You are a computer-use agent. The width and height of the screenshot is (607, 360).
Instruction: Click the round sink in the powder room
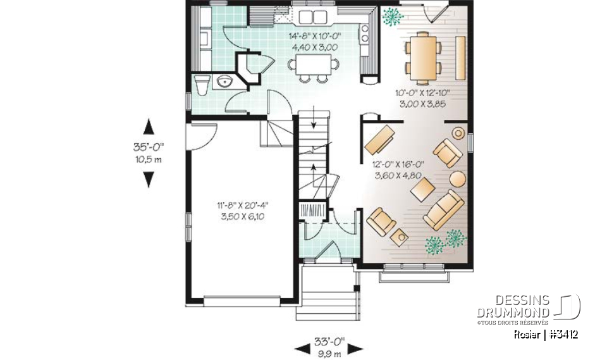point(223,80)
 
